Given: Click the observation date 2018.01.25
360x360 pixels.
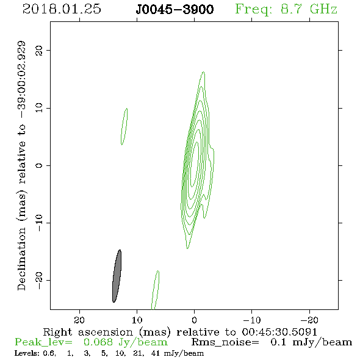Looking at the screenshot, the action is pyautogui.click(x=62, y=9).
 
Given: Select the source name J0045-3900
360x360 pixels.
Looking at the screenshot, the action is pyautogui.click(x=175, y=10).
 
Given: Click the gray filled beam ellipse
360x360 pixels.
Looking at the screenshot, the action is pyautogui.click(x=117, y=276).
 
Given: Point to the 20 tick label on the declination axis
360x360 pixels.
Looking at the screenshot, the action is pyautogui.click(x=39, y=50).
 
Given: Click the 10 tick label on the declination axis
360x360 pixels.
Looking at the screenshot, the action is pyautogui.click(x=39, y=107).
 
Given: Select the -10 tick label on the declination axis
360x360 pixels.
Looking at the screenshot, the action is pyautogui.click(x=39, y=223).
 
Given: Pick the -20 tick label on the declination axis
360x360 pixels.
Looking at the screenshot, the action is pyautogui.click(x=39, y=281).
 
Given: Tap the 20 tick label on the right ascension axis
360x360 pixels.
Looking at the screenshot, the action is pyautogui.click(x=79, y=320).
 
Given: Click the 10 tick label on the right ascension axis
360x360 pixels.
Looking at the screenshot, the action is pyautogui.click(x=137, y=320).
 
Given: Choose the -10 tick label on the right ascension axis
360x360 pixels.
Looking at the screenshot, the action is pyautogui.click(x=251, y=320).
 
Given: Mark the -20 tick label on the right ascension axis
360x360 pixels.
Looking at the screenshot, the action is pyautogui.click(x=309, y=320).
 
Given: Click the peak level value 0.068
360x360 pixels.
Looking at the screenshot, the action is pyautogui.click(x=98, y=342).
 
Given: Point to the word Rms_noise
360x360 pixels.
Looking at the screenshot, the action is pyautogui.click(x=225, y=342).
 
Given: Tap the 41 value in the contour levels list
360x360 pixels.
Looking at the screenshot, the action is pyautogui.click(x=156, y=353).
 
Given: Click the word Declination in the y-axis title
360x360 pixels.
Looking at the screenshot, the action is pyautogui.click(x=21, y=259).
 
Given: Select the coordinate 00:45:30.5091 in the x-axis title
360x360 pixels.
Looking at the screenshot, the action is pyautogui.click(x=279, y=332).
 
